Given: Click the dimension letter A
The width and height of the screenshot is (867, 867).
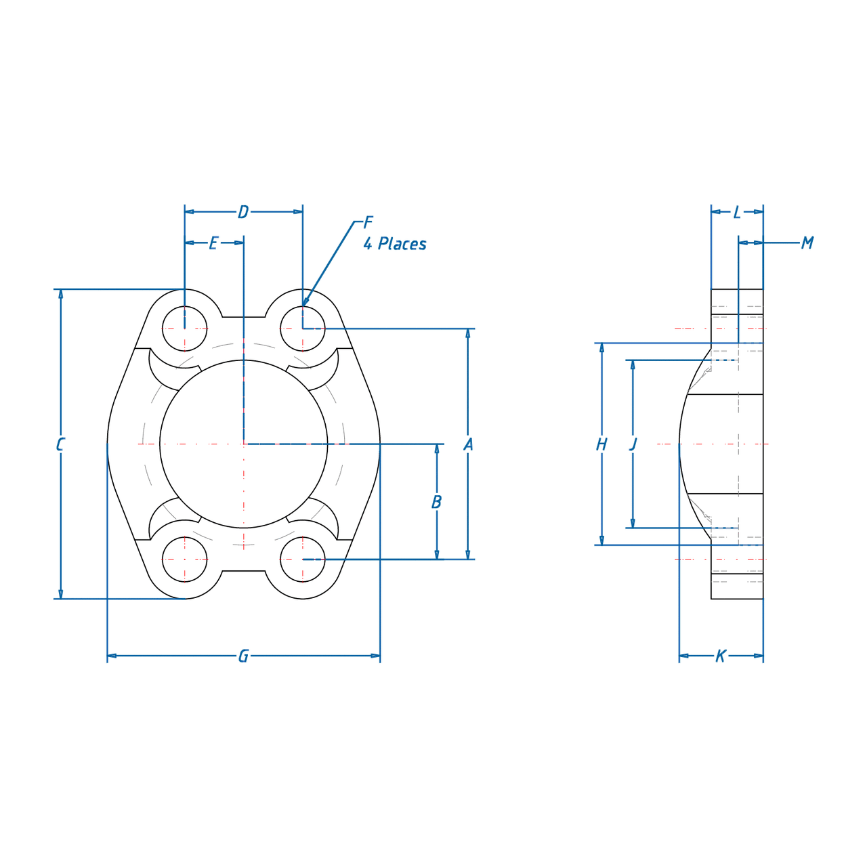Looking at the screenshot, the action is [x=468, y=444].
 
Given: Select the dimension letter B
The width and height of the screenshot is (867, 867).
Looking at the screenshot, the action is [x=436, y=502].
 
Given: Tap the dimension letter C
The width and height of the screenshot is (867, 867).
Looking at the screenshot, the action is [x=60, y=444].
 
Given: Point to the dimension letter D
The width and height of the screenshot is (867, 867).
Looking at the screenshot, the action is [x=243, y=212].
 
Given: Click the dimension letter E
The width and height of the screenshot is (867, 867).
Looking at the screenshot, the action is [x=214, y=243].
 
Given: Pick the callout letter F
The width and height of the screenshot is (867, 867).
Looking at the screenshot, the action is [x=368, y=222].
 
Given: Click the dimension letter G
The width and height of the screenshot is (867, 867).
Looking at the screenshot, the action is [x=243, y=656].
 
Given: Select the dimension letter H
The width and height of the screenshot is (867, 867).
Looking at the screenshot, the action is [x=601, y=444].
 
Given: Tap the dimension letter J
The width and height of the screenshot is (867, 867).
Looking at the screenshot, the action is [x=633, y=444].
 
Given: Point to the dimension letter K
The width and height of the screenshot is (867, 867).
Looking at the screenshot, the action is [x=721, y=656].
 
